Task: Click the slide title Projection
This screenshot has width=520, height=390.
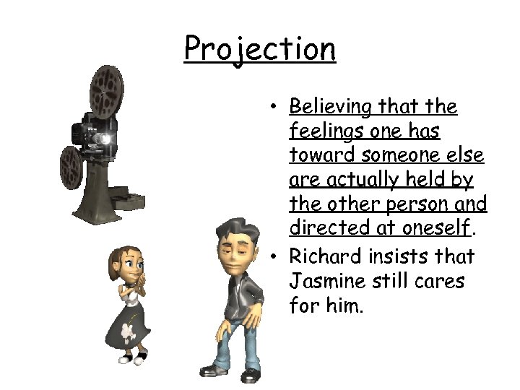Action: tap(259, 49)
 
